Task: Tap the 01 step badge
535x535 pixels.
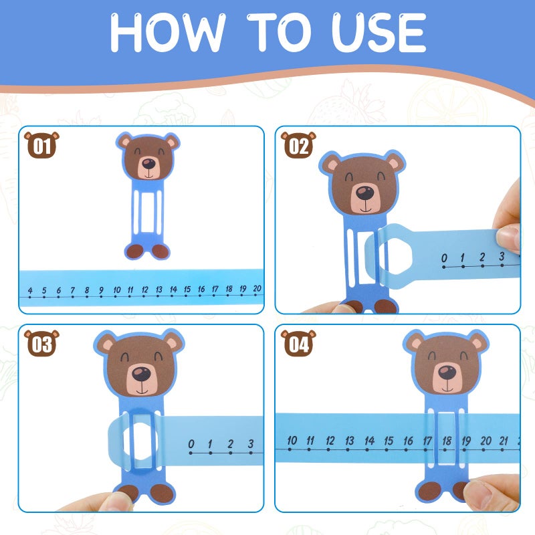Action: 41,145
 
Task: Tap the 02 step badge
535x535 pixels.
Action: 298,145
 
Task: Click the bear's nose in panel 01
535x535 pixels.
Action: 148,163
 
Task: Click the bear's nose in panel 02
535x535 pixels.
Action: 364,194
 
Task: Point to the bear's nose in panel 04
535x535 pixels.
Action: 447,372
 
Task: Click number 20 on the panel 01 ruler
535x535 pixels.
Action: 257,290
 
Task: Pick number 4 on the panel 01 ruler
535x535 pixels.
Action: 30,290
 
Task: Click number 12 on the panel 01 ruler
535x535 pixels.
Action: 144,290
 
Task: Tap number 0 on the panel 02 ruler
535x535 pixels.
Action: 444,257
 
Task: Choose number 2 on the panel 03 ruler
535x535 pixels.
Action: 230,443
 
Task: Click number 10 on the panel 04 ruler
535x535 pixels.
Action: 292,441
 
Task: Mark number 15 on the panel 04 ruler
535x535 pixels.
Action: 389,441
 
